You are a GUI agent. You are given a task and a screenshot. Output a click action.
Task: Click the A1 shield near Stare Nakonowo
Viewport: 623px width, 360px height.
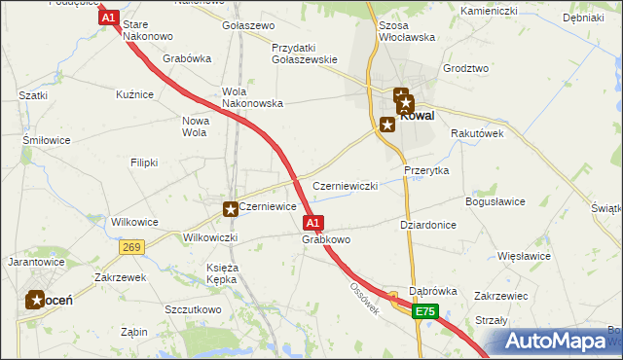pos(108,18)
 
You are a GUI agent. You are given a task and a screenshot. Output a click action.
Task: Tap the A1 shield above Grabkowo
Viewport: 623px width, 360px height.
pos(313,223)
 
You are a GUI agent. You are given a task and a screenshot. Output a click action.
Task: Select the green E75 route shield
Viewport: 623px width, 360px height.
pos(424,311)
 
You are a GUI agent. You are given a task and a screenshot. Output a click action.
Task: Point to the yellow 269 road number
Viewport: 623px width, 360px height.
pos(133,247)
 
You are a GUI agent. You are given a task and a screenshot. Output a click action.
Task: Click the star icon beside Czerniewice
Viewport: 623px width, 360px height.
pos(231,208)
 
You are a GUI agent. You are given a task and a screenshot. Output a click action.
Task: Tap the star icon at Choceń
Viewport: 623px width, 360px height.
pos(35,301)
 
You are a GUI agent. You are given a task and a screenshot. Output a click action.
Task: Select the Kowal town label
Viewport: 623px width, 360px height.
pos(417,114)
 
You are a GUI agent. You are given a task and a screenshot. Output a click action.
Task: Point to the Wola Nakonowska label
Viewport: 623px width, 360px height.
pos(252,97)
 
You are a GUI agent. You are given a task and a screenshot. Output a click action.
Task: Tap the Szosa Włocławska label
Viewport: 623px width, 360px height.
pos(406,31)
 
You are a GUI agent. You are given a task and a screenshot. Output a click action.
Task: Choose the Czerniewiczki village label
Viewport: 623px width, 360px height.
pos(345,185)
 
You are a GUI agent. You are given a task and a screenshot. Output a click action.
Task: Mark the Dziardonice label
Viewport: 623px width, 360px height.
pos(428,224)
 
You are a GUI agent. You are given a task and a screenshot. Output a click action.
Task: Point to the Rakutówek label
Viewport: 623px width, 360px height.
pos(477,134)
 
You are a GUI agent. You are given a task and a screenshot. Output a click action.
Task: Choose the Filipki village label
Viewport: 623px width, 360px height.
pos(144,162)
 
